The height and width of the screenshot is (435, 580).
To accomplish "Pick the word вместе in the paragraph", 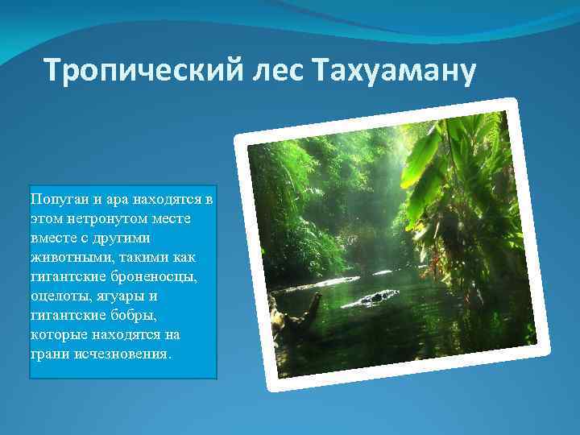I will tap(52, 237).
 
